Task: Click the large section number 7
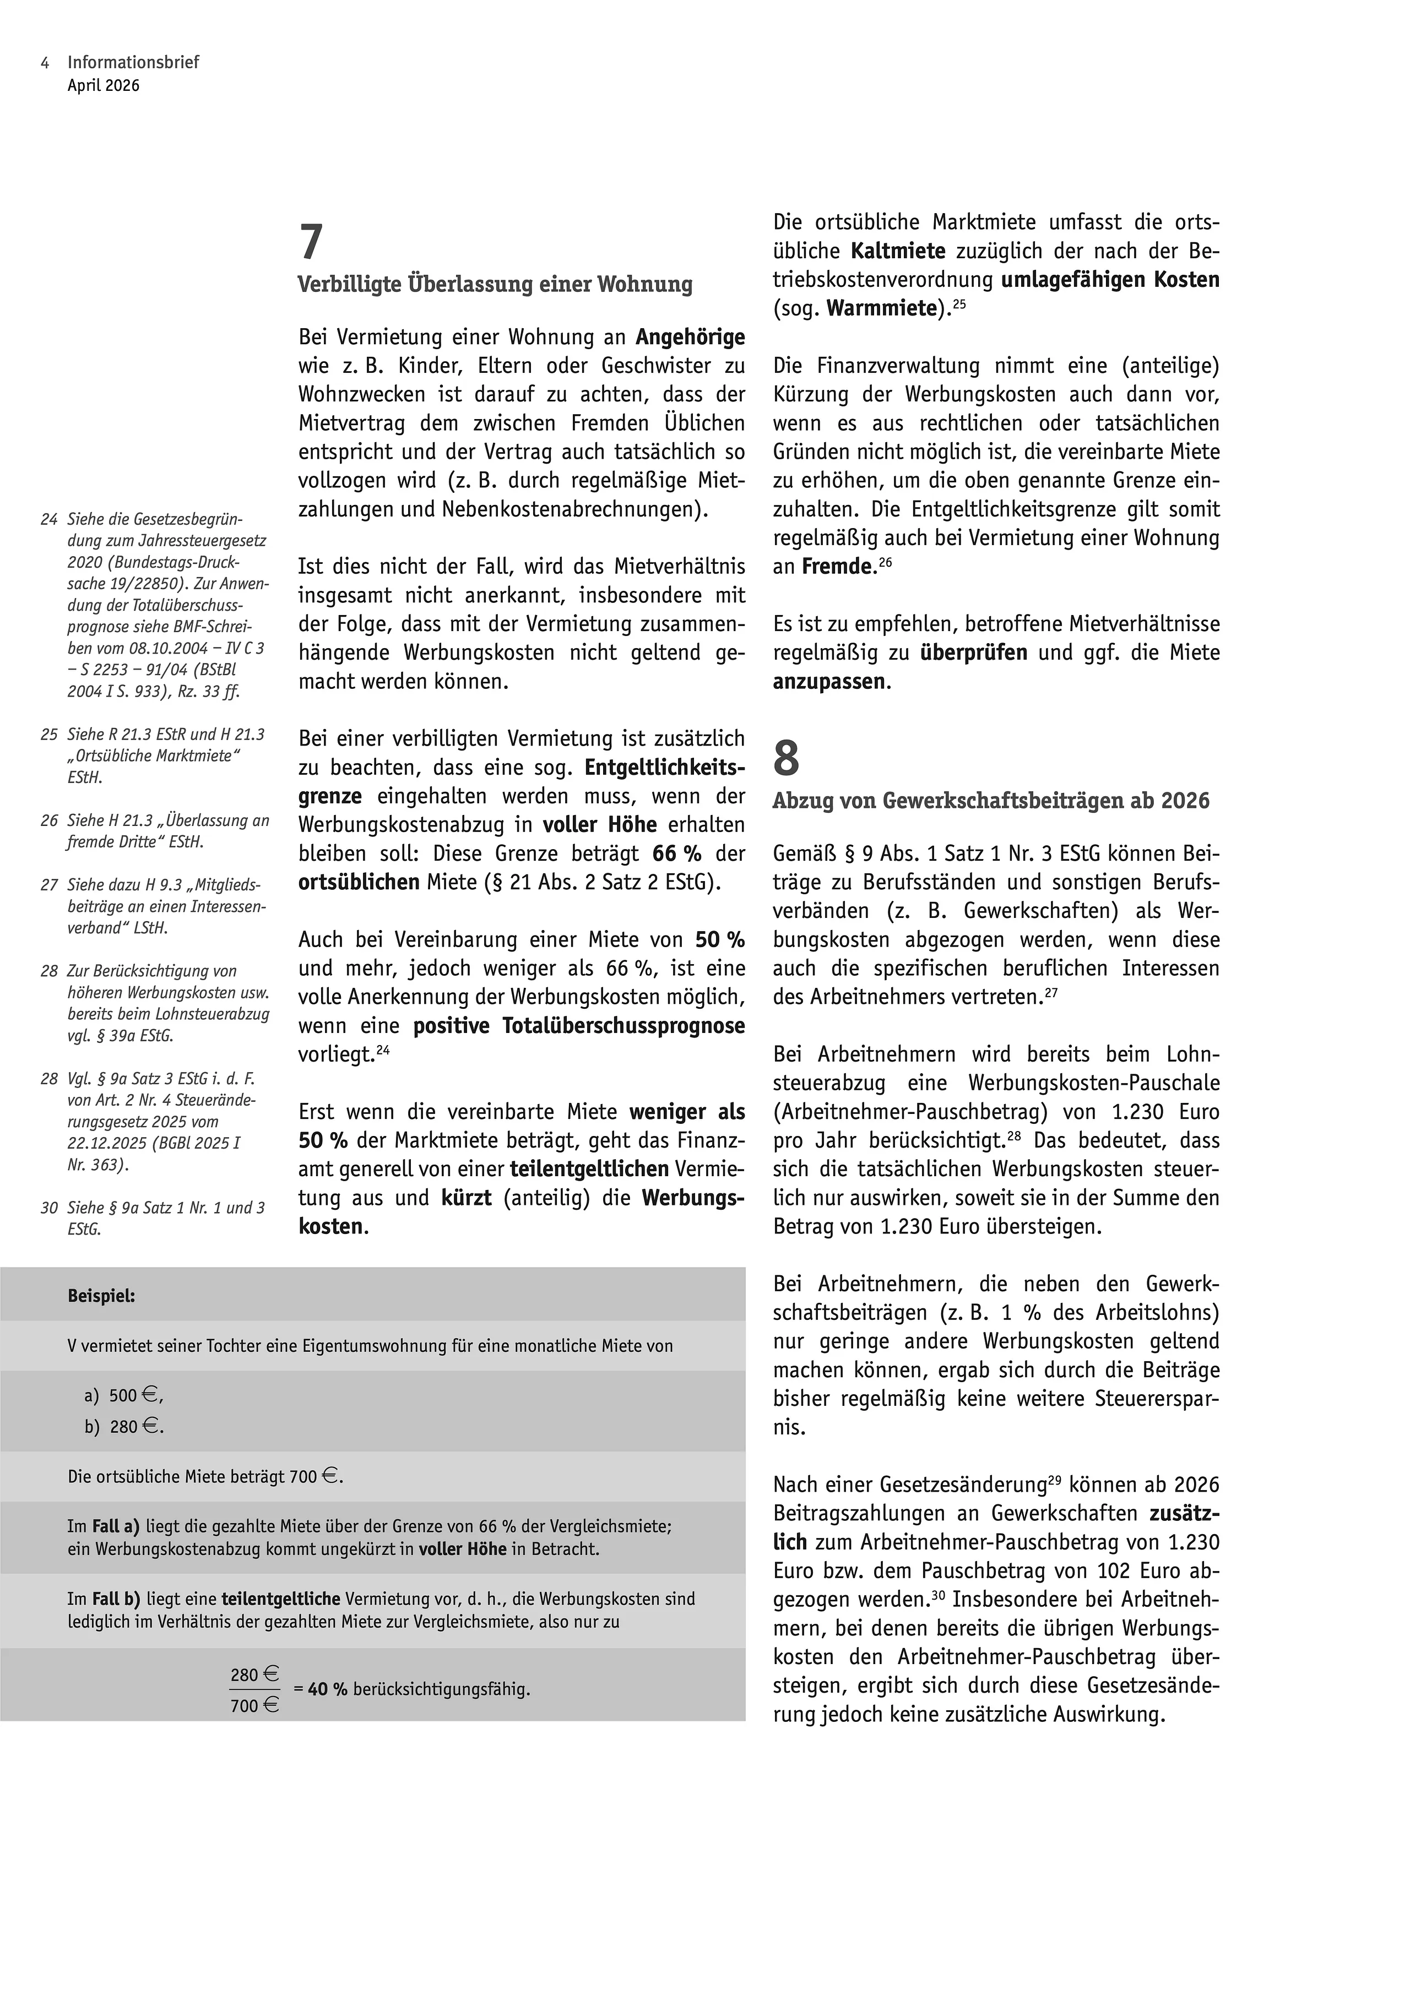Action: point(311,242)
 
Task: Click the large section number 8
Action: point(786,758)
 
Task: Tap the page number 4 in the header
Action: point(45,63)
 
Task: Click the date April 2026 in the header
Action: point(103,85)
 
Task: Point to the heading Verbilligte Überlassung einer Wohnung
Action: point(495,285)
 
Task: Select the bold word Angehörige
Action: point(690,337)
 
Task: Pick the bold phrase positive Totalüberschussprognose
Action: point(579,1026)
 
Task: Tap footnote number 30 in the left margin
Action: point(49,1208)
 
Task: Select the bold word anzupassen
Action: point(829,682)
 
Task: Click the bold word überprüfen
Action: point(973,653)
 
